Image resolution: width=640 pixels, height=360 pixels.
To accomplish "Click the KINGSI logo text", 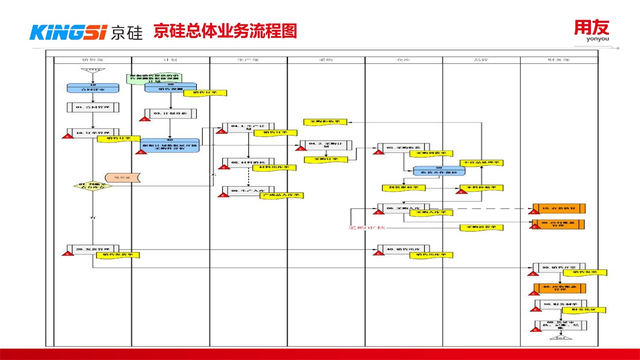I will point(69,33).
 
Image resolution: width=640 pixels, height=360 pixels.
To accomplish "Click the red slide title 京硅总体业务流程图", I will point(225,31).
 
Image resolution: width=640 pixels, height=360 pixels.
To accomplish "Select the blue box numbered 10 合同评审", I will point(93,87).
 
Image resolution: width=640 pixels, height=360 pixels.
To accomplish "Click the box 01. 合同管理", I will point(93,107).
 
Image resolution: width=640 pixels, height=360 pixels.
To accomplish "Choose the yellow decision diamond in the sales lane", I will point(93,186).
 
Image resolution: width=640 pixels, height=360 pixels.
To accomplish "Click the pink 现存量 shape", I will point(123,177).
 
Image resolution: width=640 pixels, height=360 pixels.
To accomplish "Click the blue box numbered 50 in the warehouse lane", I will point(439,171).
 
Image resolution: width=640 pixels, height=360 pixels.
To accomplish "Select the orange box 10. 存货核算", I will point(558,207).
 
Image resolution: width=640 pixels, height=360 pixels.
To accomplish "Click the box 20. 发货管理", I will point(93,249).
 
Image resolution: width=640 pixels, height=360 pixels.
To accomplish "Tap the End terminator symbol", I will point(561,338).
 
